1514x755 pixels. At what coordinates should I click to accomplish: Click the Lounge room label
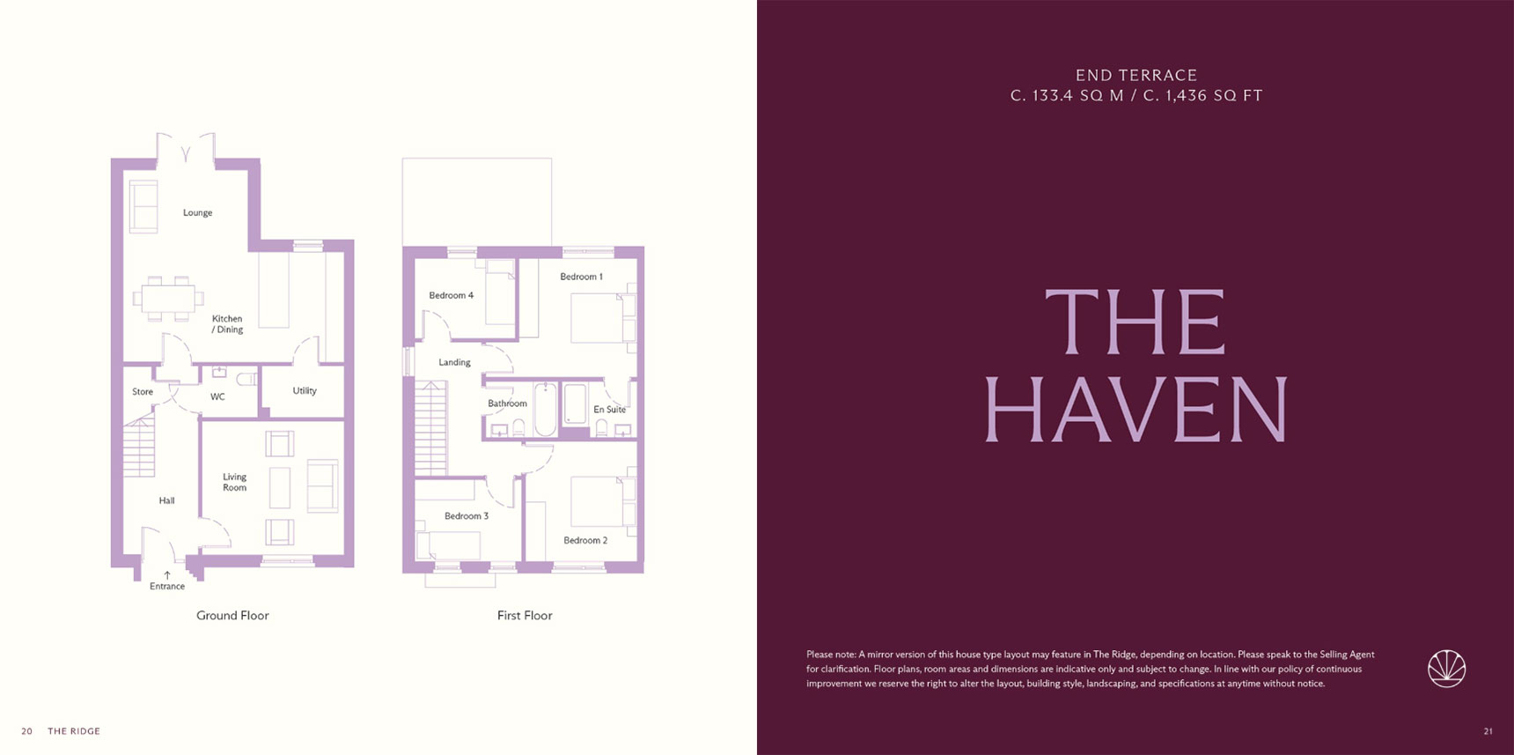tap(197, 212)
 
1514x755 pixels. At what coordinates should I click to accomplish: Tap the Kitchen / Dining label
tap(227, 324)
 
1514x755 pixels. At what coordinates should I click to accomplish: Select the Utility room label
tap(305, 390)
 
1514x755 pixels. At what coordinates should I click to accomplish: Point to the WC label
tap(217, 396)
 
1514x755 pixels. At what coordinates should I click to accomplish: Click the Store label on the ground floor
tap(143, 391)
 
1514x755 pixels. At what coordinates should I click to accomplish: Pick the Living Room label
tap(234, 482)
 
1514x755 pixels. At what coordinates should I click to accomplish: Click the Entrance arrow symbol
tap(167, 575)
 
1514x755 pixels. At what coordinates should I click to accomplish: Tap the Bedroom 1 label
tap(581, 277)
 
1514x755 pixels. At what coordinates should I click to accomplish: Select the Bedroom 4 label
tap(451, 295)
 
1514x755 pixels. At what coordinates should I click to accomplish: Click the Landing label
tap(454, 362)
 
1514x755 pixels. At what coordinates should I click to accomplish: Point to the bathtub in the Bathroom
tap(546, 409)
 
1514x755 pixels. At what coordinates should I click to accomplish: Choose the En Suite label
tap(609, 410)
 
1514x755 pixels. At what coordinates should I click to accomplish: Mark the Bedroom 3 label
tap(467, 516)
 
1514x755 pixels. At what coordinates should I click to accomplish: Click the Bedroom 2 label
tap(585, 540)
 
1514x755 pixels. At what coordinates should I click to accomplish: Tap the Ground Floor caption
tap(232, 616)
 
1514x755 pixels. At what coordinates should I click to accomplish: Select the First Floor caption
tap(525, 616)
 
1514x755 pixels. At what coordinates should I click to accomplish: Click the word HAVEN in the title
tap(1135, 410)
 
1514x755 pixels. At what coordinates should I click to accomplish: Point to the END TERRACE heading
tap(1136, 76)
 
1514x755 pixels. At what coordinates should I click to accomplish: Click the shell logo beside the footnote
tap(1446, 669)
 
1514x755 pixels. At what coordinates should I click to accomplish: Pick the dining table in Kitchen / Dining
tap(168, 298)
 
